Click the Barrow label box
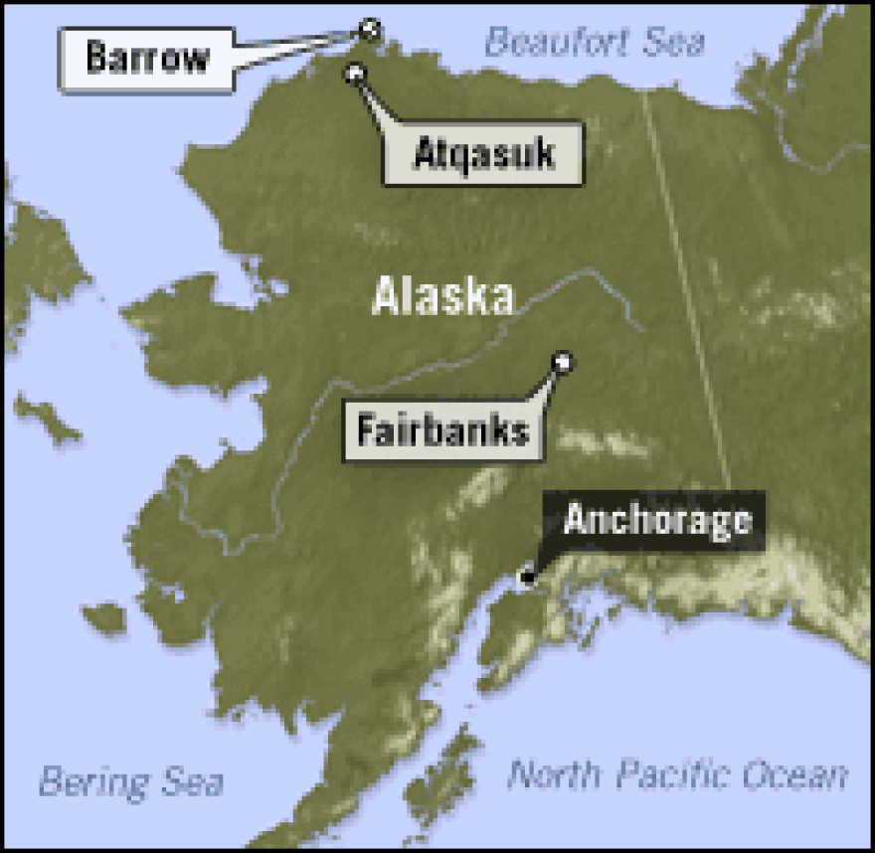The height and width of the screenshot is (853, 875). click(147, 57)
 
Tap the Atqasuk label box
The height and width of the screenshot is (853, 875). click(483, 154)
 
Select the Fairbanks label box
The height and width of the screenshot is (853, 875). click(443, 430)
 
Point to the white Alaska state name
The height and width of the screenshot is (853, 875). click(442, 296)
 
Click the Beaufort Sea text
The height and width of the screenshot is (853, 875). click(595, 42)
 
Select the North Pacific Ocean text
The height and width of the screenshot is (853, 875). click(678, 774)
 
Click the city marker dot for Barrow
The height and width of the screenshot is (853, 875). click(371, 28)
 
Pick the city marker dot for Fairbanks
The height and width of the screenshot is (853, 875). click(563, 362)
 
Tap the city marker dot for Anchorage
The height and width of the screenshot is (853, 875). click(527, 577)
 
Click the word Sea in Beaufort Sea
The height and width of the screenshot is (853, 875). click(674, 42)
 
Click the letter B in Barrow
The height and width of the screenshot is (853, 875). click(96, 57)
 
